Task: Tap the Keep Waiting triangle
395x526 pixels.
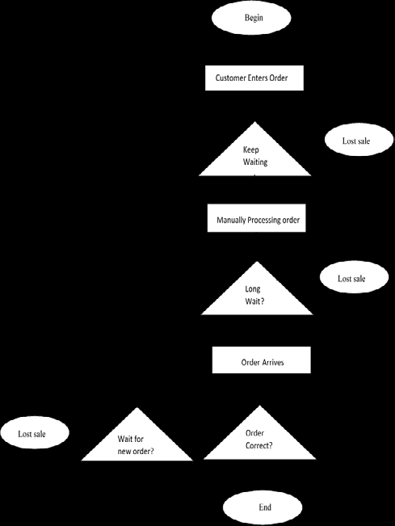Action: tap(255, 157)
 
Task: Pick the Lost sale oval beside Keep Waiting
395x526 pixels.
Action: tap(355, 141)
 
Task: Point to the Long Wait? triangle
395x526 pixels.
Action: tap(256, 296)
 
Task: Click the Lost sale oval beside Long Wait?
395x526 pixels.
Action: tap(351, 279)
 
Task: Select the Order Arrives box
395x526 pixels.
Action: tap(262, 363)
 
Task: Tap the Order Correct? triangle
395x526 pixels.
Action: tap(258, 440)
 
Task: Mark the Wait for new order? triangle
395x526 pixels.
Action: tap(137, 445)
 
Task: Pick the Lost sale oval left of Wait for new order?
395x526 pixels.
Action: tap(32, 434)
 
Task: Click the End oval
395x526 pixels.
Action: tap(264, 507)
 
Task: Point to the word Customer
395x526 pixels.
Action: tap(233, 78)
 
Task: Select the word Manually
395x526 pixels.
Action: tap(233, 220)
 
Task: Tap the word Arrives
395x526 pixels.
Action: tap(272, 363)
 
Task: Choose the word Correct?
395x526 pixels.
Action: tap(258, 445)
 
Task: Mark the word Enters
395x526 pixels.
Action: tap(265, 78)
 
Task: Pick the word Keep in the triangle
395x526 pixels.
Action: tap(251, 149)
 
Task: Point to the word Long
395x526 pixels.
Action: tap(253, 288)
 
